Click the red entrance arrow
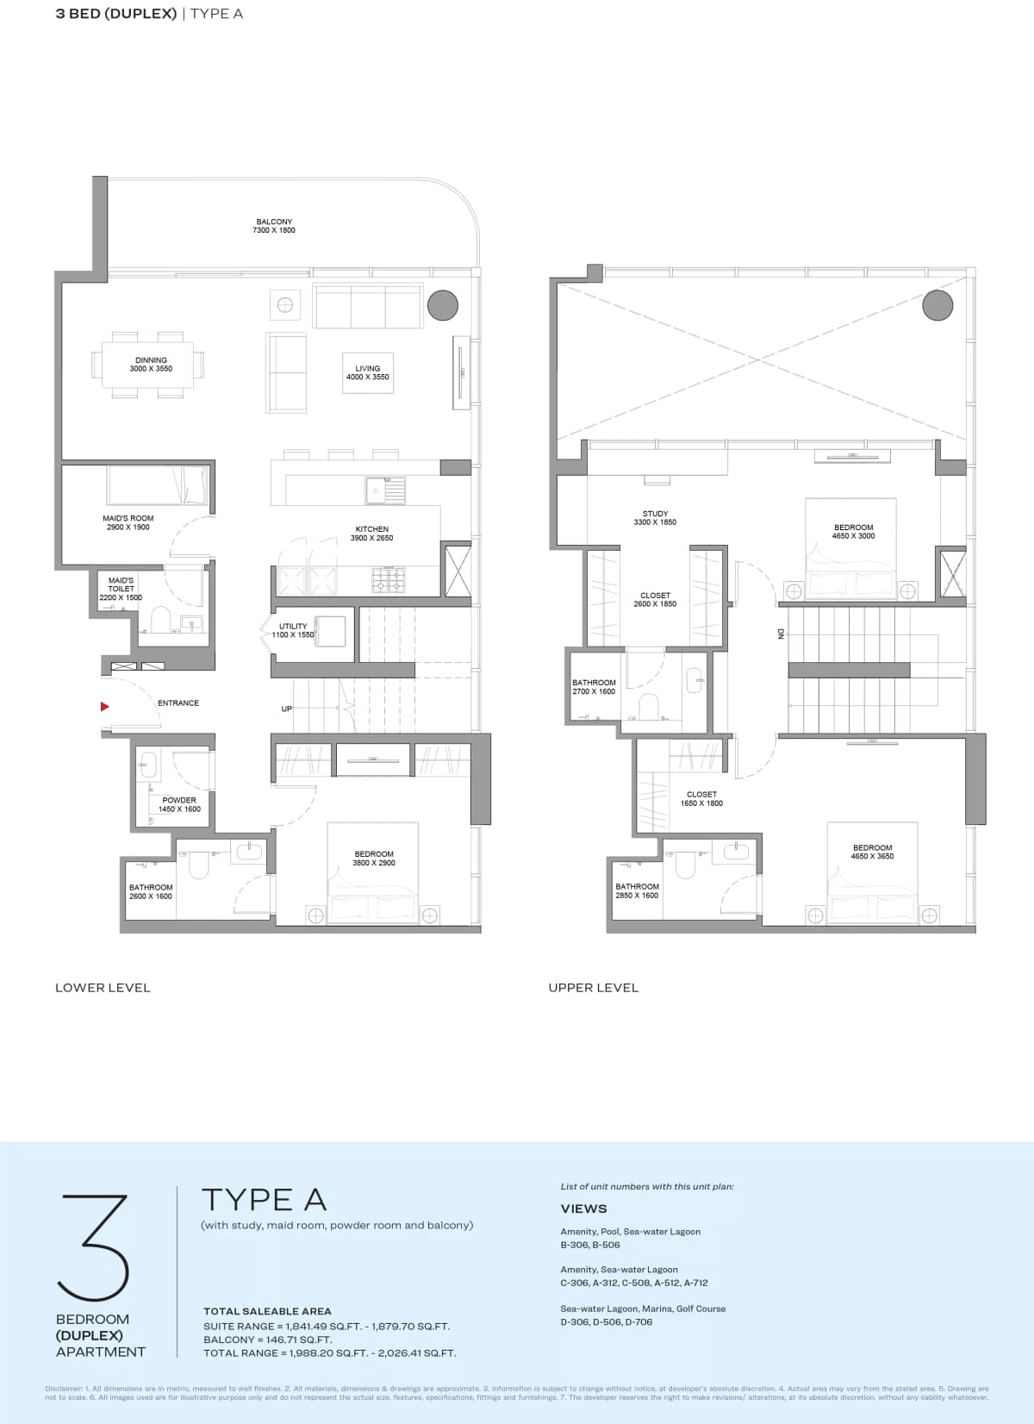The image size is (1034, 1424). point(104,707)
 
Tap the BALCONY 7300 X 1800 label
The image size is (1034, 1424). point(274,226)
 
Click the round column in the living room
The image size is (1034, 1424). point(443,304)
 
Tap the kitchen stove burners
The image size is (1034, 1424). point(389,579)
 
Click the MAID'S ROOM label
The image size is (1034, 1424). point(128,522)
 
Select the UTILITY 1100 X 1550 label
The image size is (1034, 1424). point(293,630)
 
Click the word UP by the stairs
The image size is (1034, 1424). point(286,709)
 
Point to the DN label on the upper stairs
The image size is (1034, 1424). point(782,634)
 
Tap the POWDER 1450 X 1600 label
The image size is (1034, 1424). point(179,804)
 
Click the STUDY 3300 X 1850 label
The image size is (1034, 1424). point(655,517)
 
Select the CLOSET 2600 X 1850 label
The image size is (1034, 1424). point(655,599)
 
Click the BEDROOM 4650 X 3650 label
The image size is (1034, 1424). point(872,852)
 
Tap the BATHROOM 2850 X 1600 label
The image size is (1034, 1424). point(637,890)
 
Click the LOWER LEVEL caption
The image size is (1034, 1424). point(103,988)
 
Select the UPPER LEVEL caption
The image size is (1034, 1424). point(594,988)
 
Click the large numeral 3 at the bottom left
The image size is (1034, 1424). point(94,1247)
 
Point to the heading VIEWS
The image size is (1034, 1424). point(583,1209)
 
